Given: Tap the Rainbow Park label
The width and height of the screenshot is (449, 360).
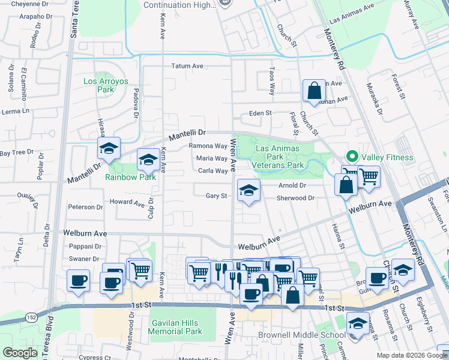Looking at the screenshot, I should tap(130, 176).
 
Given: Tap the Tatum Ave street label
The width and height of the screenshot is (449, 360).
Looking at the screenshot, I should tap(188, 67).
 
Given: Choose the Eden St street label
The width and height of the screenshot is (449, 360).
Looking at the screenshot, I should tap(261, 113).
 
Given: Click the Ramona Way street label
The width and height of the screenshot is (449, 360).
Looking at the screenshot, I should tap(208, 146).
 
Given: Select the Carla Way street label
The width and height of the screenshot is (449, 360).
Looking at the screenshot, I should tap(212, 171).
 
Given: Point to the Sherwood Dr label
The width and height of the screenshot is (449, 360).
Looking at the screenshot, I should tap(295, 198).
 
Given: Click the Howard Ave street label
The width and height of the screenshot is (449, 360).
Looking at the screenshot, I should tap(127, 203).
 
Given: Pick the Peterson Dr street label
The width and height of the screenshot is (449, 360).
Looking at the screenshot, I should tap(85, 207).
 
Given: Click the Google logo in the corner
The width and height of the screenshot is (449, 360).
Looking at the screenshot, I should tap(20, 353).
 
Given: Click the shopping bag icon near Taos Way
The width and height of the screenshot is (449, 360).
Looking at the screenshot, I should tap(314, 91).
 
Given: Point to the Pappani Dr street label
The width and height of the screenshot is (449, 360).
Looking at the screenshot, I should tap(83, 245).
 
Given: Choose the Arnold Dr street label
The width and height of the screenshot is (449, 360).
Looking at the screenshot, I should tap(292, 186).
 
